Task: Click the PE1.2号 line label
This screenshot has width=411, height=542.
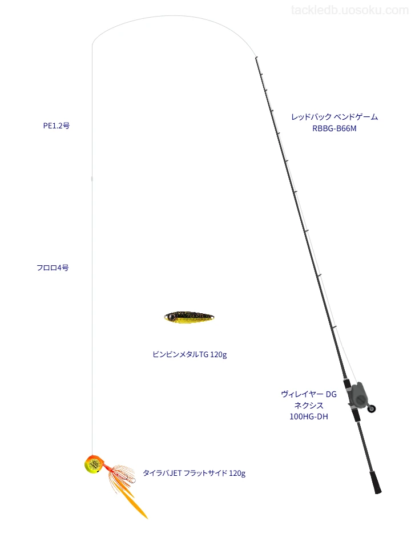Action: (x=57, y=126)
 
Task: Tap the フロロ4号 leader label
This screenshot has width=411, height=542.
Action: (x=53, y=268)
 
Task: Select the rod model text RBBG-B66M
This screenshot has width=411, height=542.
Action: (x=334, y=128)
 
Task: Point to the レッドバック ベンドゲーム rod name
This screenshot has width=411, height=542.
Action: (x=335, y=117)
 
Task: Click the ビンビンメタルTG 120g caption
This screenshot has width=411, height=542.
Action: (x=190, y=354)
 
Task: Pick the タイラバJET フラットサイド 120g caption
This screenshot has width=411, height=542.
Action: (x=194, y=473)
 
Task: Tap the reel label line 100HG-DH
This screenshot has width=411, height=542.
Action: (x=309, y=417)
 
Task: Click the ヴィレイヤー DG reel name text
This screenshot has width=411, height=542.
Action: (x=309, y=394)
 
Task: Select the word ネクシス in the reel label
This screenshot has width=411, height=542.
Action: (x=309, y=406)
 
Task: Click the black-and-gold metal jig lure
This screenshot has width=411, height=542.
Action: (x=189, y=317)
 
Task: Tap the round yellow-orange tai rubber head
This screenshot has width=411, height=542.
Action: (x=93, y=464)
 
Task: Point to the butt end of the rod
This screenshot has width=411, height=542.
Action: (x=378, y=491)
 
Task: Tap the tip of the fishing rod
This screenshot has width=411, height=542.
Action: (x=256, y=58)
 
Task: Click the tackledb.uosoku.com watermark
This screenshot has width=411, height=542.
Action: (x=349, y=10)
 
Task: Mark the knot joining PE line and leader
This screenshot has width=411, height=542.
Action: (x=92, y=179)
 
